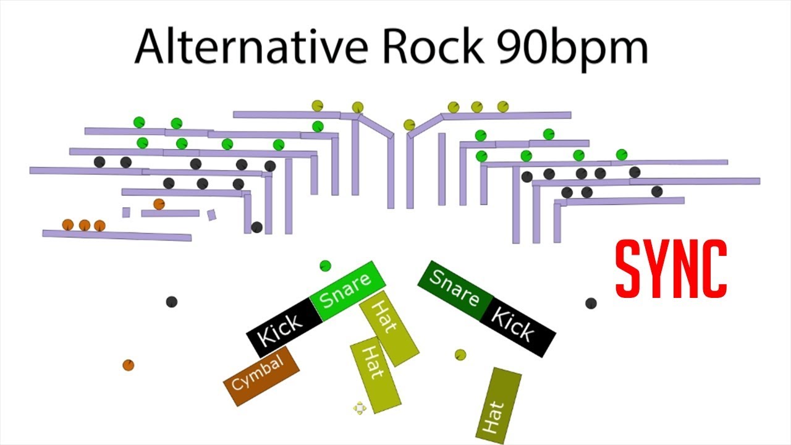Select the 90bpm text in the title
click(574, 47)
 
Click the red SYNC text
click(670, 268)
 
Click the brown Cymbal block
click(261, 376)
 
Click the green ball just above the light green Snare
click(325, 266)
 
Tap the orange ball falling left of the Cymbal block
click(128, 365)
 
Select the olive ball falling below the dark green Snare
click(460, 354)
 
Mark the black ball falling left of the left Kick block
click(172, 302)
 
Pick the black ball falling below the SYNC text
click(591, 303)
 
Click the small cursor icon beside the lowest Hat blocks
click(360, 407)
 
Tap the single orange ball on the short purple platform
click(159, 204)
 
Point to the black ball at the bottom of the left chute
click(256, 227)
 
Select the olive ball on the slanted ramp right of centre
click(409, 125)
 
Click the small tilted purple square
click(211, 214)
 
